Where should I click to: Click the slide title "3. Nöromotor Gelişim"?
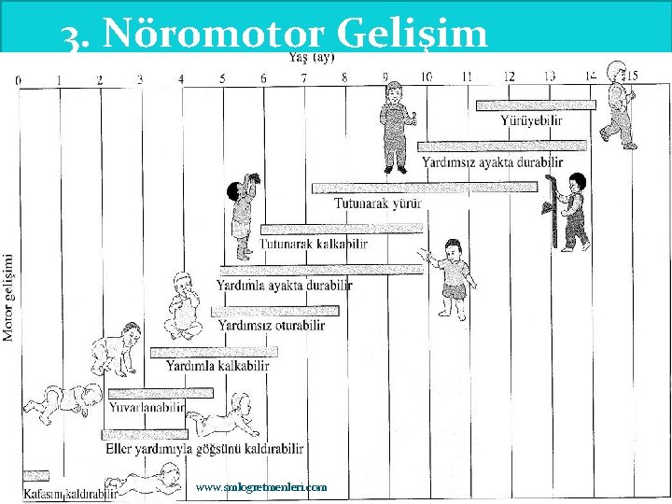coord(274,35)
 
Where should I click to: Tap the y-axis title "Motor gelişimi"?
coord(8,297)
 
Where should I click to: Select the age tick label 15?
coord(632,76)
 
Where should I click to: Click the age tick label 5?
coord(222,79)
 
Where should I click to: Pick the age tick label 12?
coord(509,77)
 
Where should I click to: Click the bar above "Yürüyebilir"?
coord(535,105)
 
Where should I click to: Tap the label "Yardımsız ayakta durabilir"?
coord(492,161)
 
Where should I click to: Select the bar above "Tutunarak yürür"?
coord(424,188)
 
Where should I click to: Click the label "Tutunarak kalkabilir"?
coord(314,244)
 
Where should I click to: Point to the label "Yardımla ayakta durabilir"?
coord(285,285)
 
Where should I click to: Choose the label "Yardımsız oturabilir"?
coord(272,325)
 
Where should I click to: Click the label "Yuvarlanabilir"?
coord(147,408)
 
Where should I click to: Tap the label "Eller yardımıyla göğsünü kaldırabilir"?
coord(205,449)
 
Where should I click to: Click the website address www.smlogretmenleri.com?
coord(261,487)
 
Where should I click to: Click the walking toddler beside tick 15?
coord(617,105)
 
